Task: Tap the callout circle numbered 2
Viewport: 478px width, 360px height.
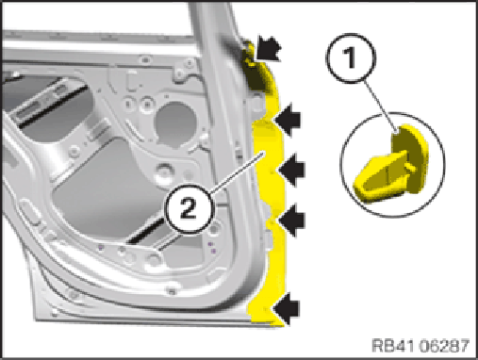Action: [190, 209]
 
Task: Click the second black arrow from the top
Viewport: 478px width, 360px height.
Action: [288, 120]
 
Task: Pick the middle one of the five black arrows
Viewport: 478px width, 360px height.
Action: [291, 170]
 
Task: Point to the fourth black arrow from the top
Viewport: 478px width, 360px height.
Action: [291, 220]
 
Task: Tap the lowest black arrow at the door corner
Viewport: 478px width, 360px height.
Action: [287, 309]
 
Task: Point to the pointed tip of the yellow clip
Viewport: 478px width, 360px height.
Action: [358, 190]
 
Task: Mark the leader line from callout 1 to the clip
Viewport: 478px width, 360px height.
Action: [380, 106]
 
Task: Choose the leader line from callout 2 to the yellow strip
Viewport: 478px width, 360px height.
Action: [238, 172]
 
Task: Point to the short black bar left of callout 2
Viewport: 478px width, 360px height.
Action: [145, 232]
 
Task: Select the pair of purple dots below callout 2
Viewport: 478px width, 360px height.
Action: [212, 247]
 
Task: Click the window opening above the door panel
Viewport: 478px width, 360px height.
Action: [97, 17]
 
